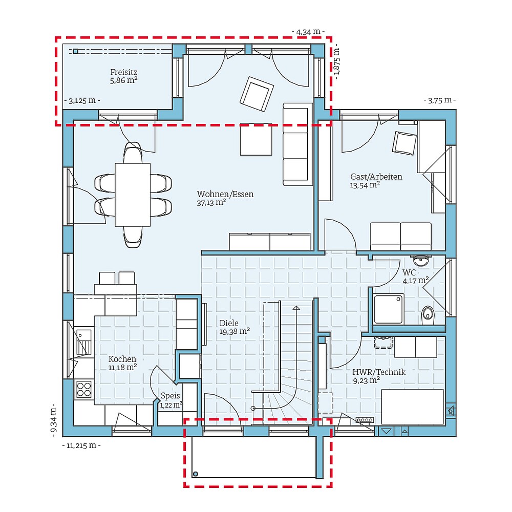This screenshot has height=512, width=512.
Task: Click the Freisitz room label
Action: (x=123, y=72)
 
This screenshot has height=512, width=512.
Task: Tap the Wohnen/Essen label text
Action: (x=225, y=194)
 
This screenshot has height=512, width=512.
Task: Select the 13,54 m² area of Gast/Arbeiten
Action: (x=365, y=185)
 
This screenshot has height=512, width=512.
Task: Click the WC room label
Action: (x=409, y=272)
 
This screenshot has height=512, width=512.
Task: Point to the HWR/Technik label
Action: (x=379, y=372)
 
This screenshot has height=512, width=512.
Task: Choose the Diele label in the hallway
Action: (x=229, y=323)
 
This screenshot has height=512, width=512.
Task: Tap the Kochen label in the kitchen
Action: (x=122, y=359)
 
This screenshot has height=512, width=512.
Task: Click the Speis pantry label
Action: (x=170, y=395)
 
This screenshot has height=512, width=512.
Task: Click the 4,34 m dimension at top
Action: (x=308, y=32)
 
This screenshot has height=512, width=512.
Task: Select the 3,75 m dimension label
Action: (x=439, y=100)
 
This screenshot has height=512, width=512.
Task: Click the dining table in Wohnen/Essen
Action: (x=133, y=194)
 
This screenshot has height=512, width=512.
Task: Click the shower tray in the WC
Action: (x=388, y=309)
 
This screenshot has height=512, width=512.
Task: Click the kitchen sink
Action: (x=83, y=342)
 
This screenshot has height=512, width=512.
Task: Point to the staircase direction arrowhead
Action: (x=296, y=308)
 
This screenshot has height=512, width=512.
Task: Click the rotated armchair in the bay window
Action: (x=257, y=93)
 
